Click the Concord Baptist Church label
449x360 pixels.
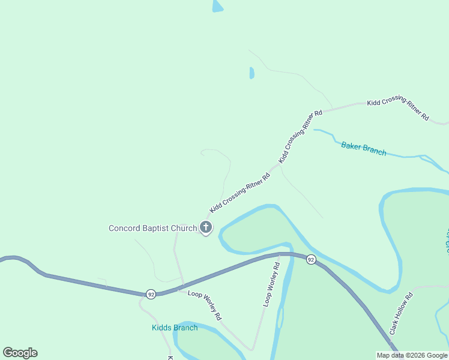pos(152,228)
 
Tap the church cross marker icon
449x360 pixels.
pos(206,227)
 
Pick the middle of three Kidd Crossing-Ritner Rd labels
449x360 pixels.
pos(301,137)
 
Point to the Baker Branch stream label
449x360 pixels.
pos(364,148)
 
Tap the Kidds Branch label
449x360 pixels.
pos(174,328)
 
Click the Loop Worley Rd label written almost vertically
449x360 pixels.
pos(272,284)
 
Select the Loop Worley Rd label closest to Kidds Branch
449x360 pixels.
pos(205,304)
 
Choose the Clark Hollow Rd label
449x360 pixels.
pos(402,313)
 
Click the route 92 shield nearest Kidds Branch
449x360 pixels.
pos(150,294)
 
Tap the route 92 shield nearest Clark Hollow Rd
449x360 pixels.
pos(310,259)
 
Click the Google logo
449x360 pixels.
pos(20,353)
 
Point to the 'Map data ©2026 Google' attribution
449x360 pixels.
pos(412,355)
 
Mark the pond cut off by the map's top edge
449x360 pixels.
pos(217,5)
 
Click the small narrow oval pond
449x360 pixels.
pos(252,73)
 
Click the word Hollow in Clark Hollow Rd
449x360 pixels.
pos(401,313)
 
